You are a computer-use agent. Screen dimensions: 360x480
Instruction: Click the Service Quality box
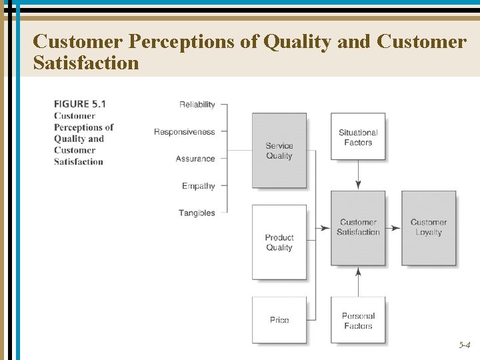pyautogui.click(x=279, y=151)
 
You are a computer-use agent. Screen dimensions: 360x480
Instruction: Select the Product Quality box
pyautogui.click(x=279, y=242)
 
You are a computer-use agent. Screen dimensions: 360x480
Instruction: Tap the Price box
pyautogui.click(x=279, y=320)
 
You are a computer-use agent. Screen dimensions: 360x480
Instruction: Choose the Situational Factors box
pyautogui.click(x=358, y=137)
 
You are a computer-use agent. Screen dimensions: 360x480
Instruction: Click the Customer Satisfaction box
pyautogui.click(x=358, y=227)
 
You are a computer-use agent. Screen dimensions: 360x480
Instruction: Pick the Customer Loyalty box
pyautogui.click(x=429, y=227)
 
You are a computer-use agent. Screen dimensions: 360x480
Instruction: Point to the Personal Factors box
pyautogui.click(x=358, y=321)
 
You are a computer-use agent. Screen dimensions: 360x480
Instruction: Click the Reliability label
pyautogui.click(x=197, y=105)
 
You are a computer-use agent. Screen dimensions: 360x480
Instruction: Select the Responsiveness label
pyautogui.click(x=185, y=132)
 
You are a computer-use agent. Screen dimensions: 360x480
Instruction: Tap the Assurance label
pyautogui.click(x=195, y=159)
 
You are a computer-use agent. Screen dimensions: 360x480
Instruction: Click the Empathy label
pyautogui.click(x=199, y=186)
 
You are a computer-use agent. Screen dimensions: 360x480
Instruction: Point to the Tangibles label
pyautogui.click(x=197, y=213)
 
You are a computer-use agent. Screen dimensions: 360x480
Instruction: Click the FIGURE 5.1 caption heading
pyautogui.click(x=80, y=104)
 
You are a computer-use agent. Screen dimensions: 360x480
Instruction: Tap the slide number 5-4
pyautogui.click(x=464, y=345)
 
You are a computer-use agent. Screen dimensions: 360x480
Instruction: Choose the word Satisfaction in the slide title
pyautogui.click(x=86, y=63)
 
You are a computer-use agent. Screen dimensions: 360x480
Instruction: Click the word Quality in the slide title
pyautogui.click(x=297, y=41)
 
